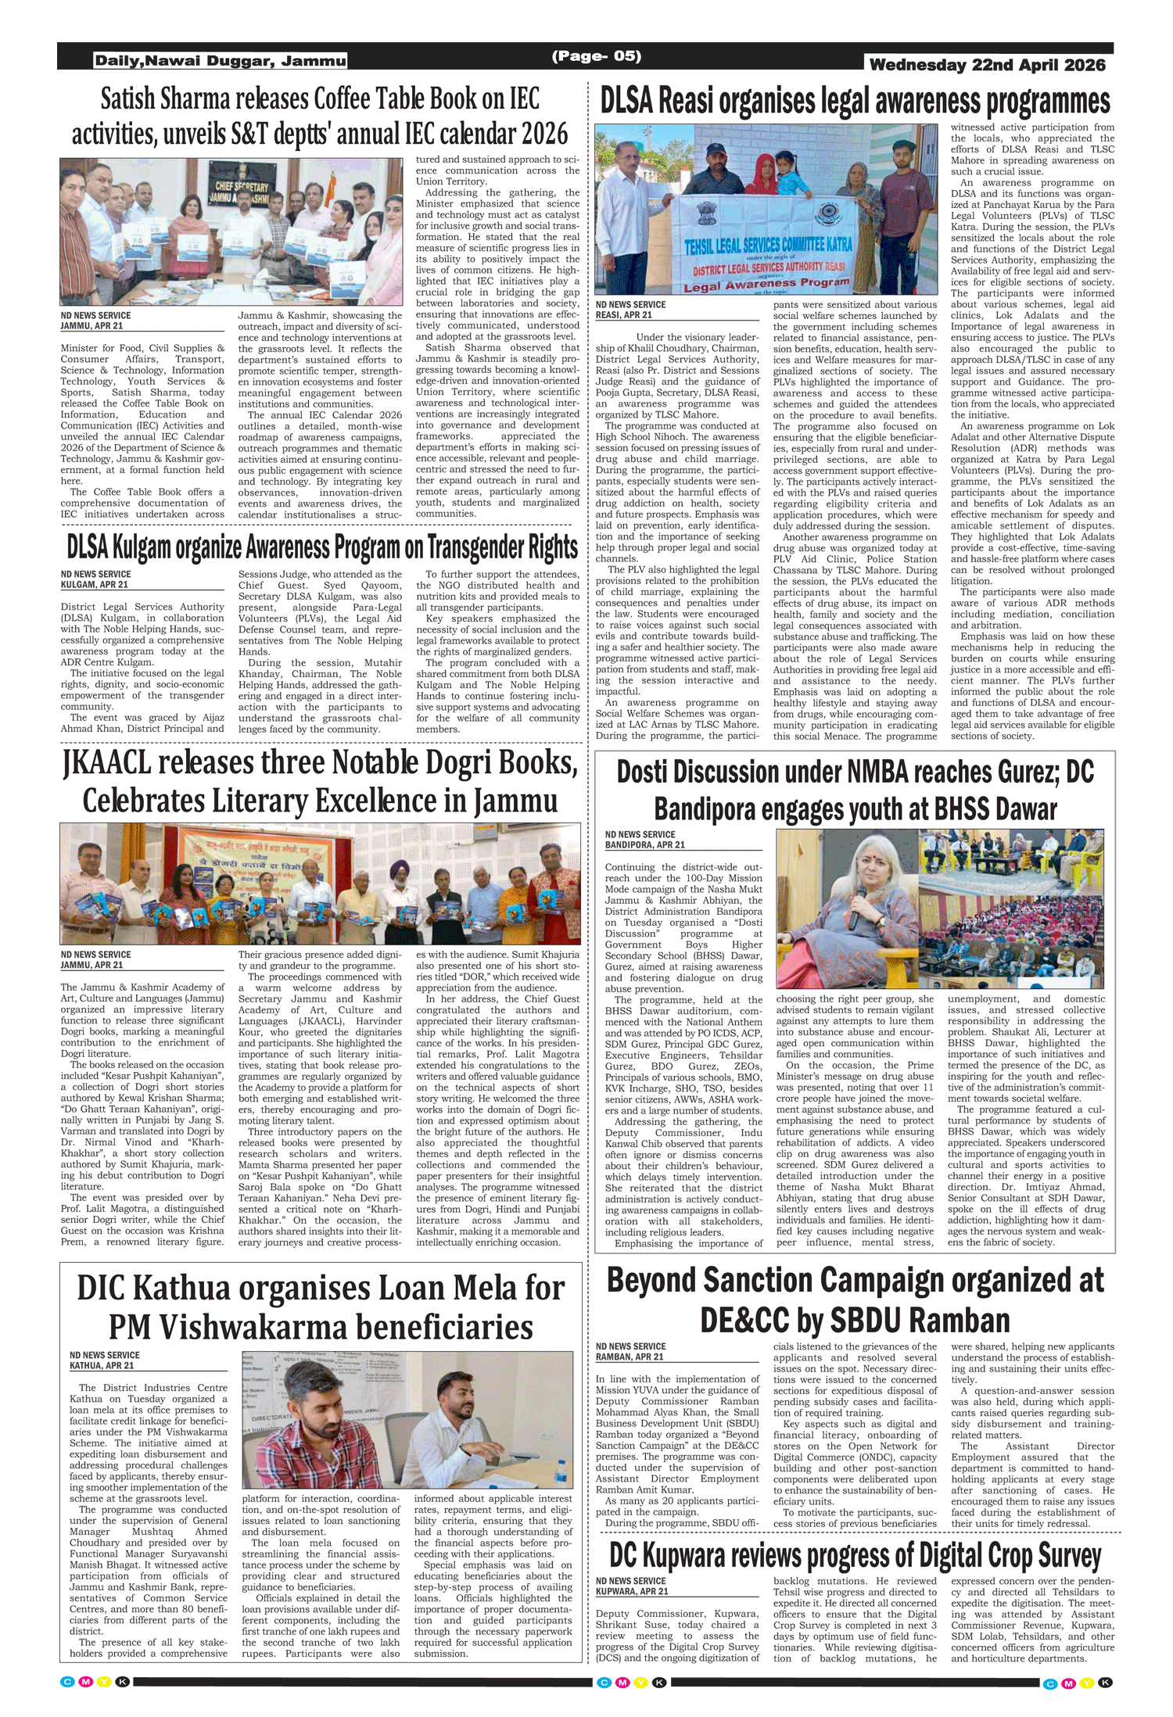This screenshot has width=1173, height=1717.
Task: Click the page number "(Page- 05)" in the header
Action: pyautogui.click(x=596, y=56)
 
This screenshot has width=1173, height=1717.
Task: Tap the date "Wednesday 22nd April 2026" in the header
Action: pyautogui.click(x=987, y=65)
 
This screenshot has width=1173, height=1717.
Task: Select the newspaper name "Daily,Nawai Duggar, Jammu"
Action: pyautogui.click(x=220, y=61)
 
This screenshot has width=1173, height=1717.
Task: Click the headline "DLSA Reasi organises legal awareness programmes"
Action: pyautogui.click(x=855, y=102)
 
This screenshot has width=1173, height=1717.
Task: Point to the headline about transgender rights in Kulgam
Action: pyautogui.click(x=321, y=548)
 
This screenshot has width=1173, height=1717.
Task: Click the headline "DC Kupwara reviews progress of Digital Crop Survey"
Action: pyautogui.click(x=855, y=1556)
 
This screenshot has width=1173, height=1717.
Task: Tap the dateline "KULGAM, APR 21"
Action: pyautogui.click(x=95, y=584)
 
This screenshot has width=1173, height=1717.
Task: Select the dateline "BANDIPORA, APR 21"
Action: pyautogui.click(x=644, y=844)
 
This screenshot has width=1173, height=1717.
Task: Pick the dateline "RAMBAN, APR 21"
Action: pyautogui.click(x=630, y=1357)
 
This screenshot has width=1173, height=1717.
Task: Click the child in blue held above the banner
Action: pyautogui.click(x=791, y=177)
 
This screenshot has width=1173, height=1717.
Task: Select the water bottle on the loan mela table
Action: pyautogui.click(x=560, y=1470)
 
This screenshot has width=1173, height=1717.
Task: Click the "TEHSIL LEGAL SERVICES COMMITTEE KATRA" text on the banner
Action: pyautogui.click(x=768, y=245)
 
